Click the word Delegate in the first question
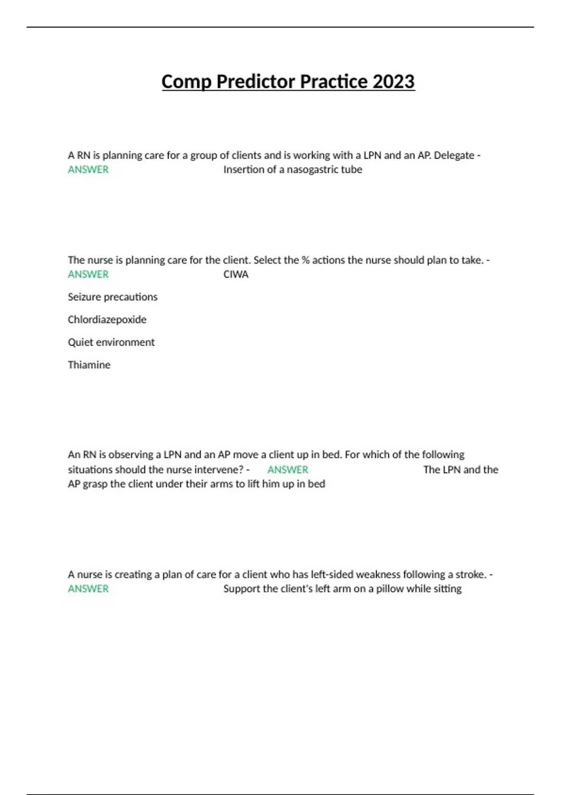tap(453, 155)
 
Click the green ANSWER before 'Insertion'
tap(88, 170)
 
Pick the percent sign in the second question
tap(305, 260)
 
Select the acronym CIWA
tap(236, 275)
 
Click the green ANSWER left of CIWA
tap(88, 275)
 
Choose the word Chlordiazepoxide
tap(107, 320)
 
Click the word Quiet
tap(80, 342)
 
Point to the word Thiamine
tap(89, 365)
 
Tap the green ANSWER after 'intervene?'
tap(288, 470)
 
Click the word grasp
tap(94, 484)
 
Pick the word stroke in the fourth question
tap(470, 574)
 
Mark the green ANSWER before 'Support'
tap(88, 589)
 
